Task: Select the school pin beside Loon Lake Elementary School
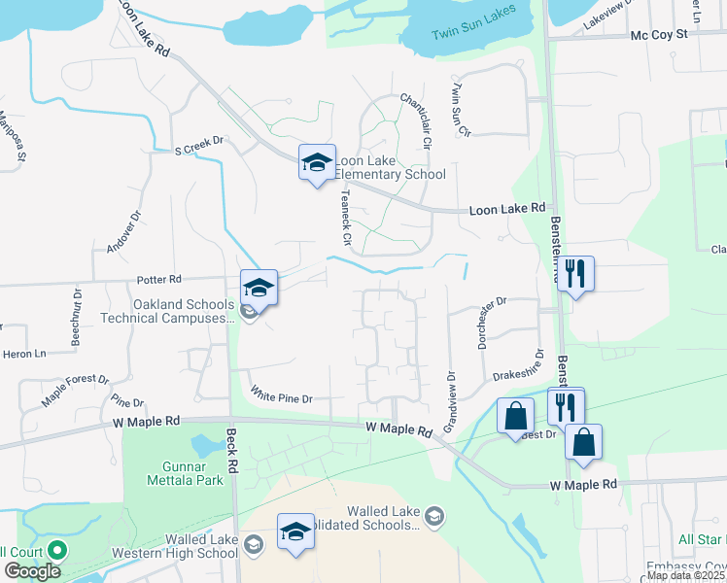(317, 162)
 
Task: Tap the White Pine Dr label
(281, 396)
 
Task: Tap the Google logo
(32, 571)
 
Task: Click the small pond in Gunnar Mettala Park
(206, 446)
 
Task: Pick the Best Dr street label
(537, 434)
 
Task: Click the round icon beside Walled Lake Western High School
(254, 545)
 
